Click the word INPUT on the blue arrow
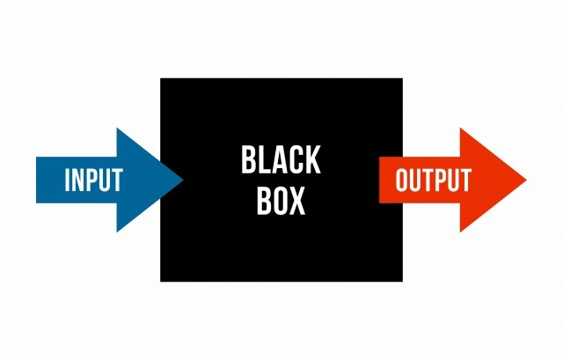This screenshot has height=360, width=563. pos(94,180)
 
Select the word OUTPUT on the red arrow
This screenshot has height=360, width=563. pos(434,180)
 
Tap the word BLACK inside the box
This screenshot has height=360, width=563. pos(281,159)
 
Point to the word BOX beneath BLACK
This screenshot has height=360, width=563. pos(281,201)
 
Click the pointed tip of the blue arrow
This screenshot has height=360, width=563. pos(183,180)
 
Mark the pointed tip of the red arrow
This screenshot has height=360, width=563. pos(527,180)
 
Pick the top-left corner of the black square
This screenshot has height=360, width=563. pos(160,78)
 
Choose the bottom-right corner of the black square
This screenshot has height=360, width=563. pos(403,282)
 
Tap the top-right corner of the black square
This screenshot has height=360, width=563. pos(403,78)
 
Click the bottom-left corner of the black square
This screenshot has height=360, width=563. pos(160,282)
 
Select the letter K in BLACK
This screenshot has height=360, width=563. pos(312,160)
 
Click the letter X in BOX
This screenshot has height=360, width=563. pos(296,201)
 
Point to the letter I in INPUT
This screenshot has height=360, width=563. pos(67,180)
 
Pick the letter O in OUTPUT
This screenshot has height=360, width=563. pos(402,180)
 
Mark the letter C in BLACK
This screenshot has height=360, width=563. pos(296,160)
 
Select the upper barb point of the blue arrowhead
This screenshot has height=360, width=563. pos(117,128)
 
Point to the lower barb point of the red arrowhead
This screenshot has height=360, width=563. pos(460,232)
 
